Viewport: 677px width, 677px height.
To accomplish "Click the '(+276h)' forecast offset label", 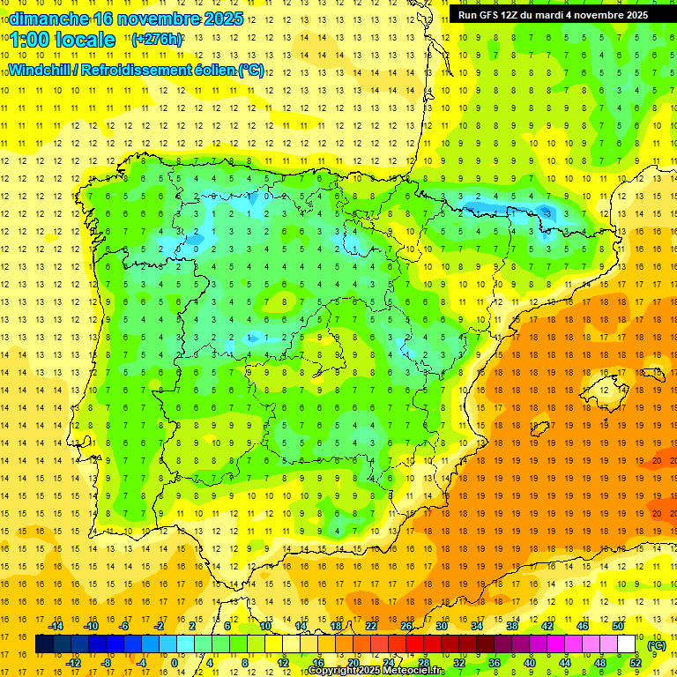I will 157,40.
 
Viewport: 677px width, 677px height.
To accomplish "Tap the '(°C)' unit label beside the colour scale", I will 657,645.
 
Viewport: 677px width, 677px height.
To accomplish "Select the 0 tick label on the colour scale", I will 174,663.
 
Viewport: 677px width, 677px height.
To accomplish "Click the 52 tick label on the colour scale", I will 636,663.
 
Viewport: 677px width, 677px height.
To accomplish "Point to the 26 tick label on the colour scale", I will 406,626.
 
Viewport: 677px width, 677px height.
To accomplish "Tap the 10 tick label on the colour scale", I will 265,626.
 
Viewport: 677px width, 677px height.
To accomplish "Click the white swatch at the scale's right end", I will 627,644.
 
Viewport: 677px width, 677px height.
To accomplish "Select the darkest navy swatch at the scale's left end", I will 44,644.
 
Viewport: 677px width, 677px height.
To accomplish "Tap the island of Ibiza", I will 540,428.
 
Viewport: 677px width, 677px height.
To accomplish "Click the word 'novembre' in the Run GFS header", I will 587,14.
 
